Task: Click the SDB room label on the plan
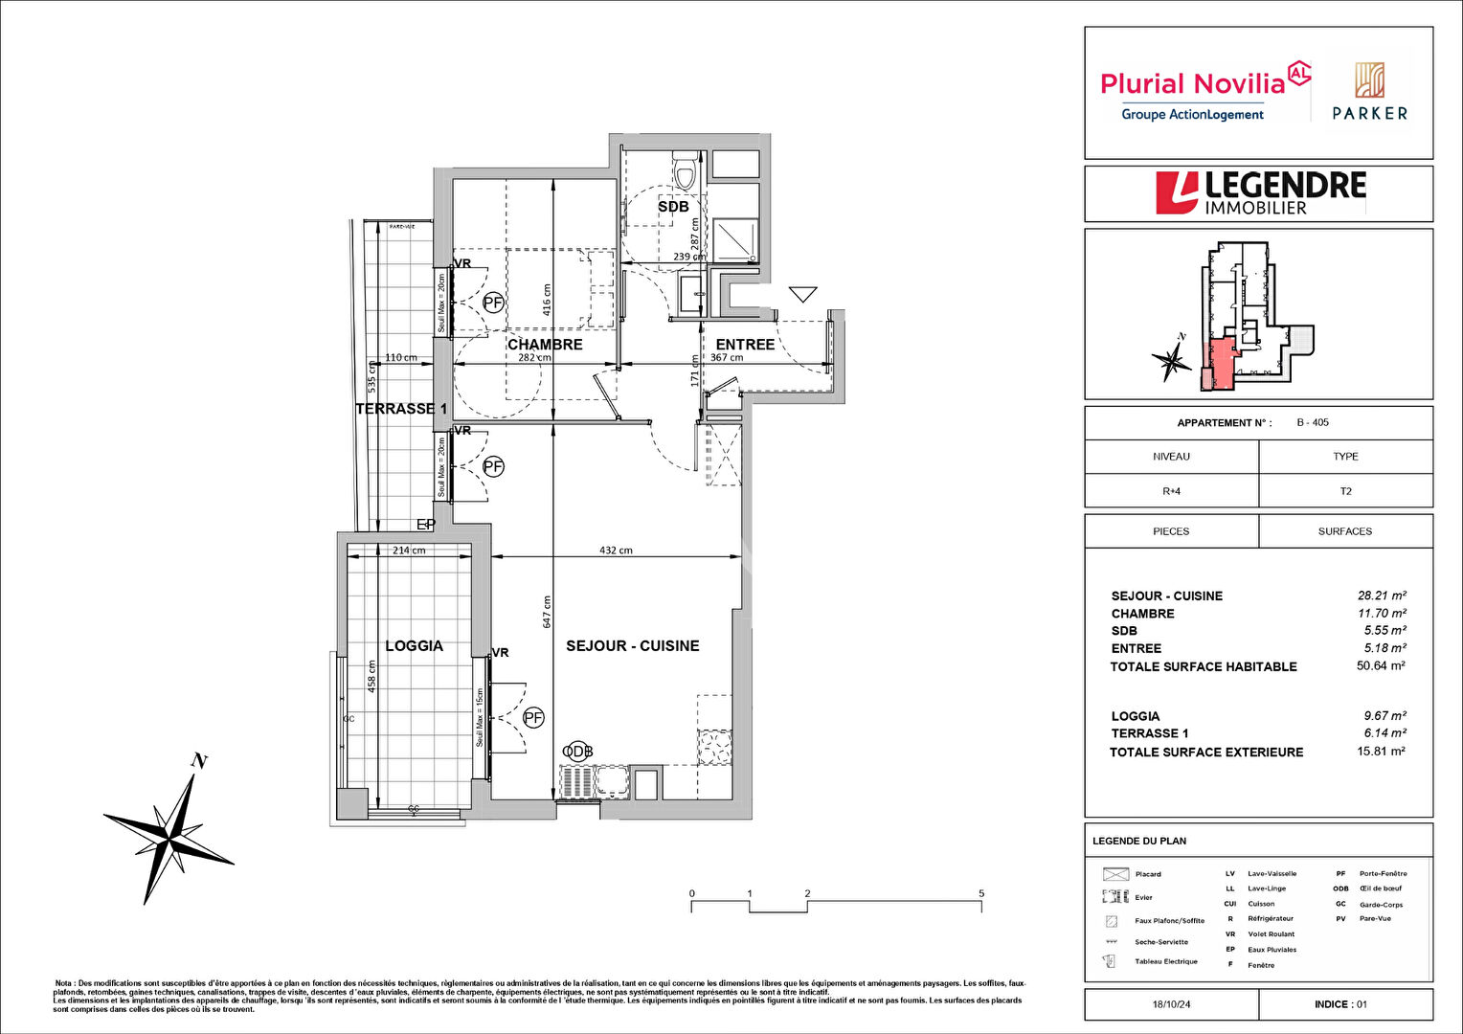673,207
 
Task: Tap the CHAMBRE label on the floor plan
545,345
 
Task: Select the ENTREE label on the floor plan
745,345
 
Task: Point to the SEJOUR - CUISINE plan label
632,646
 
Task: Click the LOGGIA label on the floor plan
414,646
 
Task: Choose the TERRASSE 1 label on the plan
401,409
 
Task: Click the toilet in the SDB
685,171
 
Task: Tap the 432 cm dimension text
616,551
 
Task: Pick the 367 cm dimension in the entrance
727,358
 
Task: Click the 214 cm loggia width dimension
409,551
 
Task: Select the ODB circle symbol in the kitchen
577,752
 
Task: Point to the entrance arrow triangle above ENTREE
802,294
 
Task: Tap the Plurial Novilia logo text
1191,84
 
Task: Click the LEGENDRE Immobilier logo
1260,192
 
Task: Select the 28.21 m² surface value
1382,596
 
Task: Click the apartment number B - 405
1313,422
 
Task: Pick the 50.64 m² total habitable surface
1381,665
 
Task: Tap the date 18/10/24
1171,1004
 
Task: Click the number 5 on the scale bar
981,894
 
